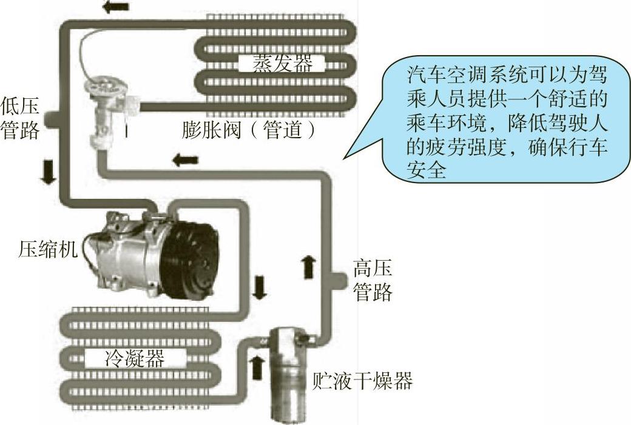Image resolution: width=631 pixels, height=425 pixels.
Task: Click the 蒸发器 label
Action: click(278, 63)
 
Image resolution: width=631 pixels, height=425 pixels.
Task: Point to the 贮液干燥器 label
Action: click(362, 381)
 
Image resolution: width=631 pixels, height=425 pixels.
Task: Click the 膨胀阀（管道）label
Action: click(249, 131)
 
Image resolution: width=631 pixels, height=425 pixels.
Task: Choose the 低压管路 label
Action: click(20, 119)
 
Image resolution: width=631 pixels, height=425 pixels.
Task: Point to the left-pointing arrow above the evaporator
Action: click(116, 7)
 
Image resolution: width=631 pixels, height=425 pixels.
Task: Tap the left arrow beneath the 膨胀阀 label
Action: click(185, 160)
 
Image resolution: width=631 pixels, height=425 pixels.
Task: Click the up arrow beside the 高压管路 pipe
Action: click(309, 267)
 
